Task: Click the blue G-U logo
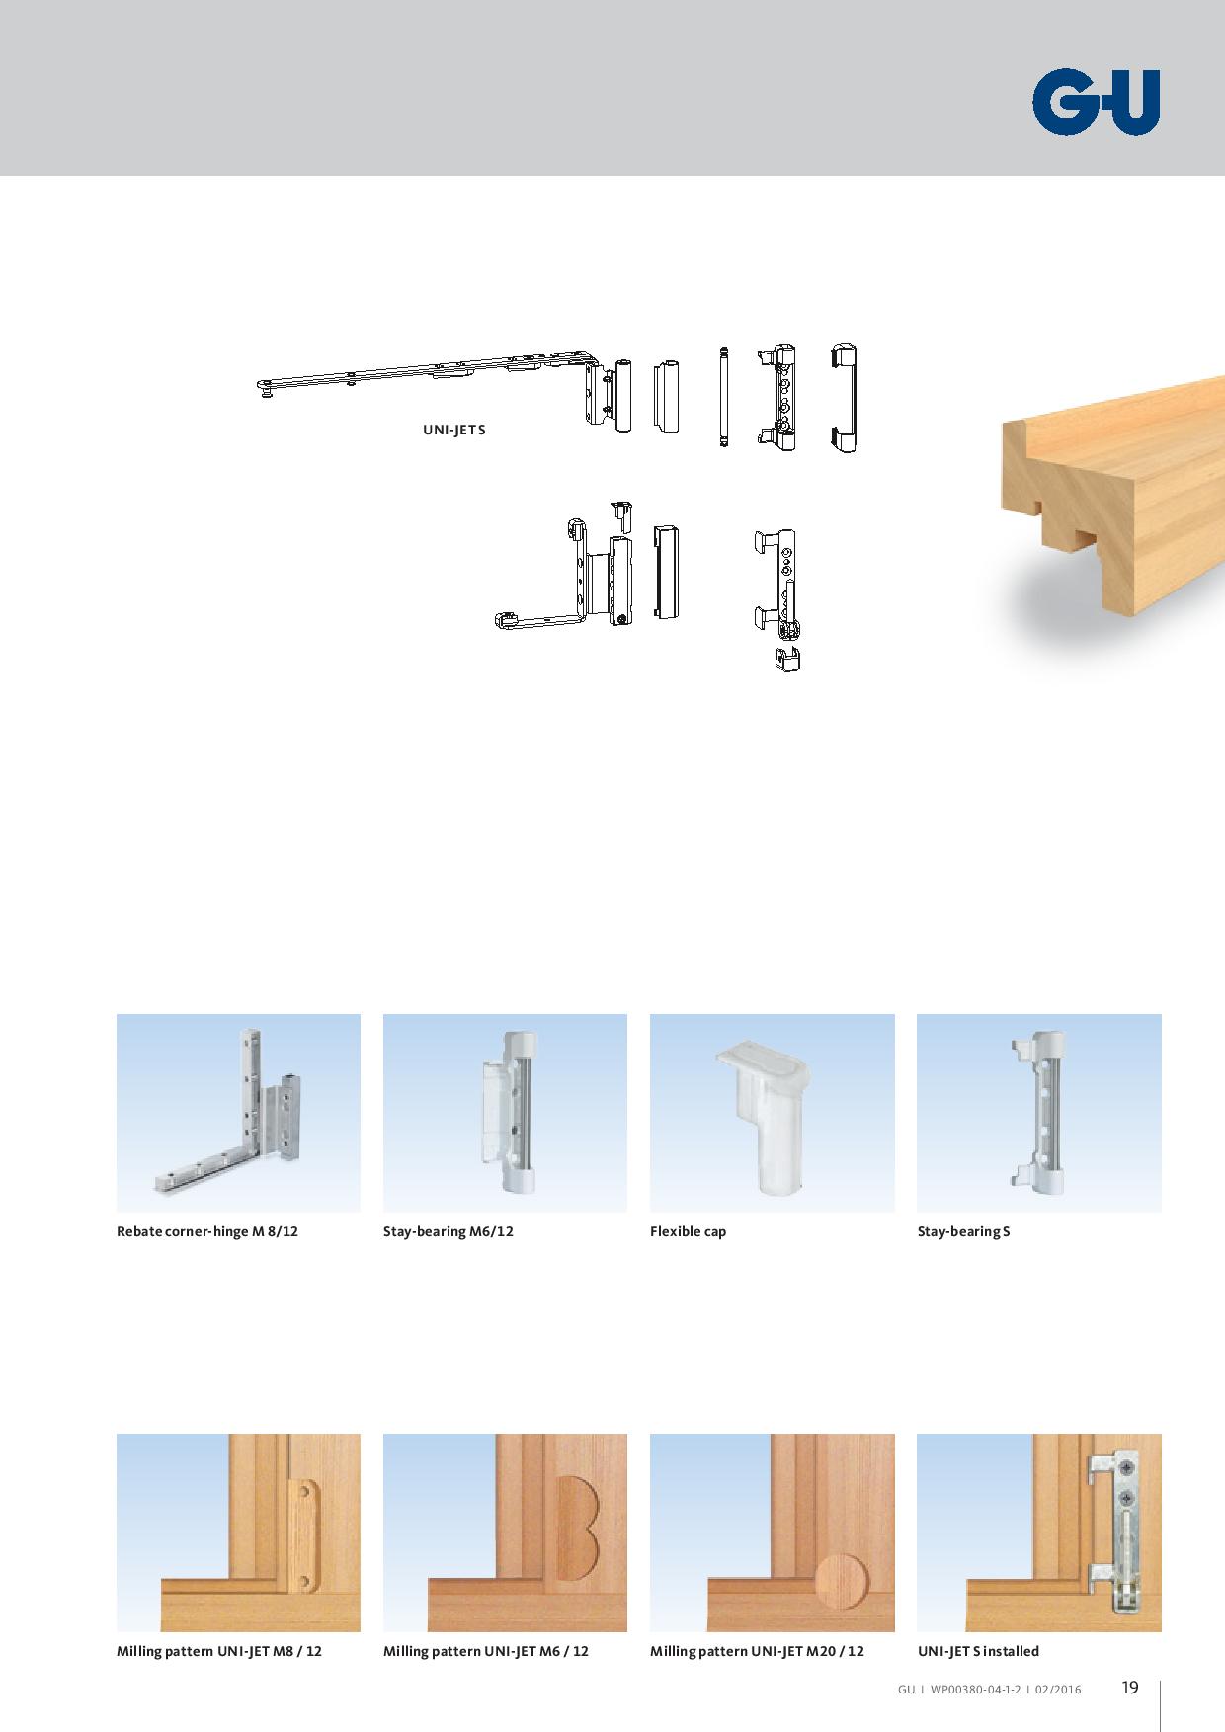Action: (1096, 102)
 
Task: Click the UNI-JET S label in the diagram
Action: (454, 431)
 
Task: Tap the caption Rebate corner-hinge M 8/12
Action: (207, 1231)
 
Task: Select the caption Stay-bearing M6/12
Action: (449, 1231)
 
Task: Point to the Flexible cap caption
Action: (688, 1231)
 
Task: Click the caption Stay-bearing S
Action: (963, 1231)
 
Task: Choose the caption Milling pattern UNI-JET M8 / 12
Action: (219, 1651)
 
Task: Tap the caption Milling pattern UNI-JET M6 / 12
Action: (486, 1651)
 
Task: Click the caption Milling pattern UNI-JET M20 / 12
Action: (757, 1651)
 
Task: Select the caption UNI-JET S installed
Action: (978, 1651)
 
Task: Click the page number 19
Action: (1130, 1688)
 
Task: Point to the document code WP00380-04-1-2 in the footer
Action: (975, 1690)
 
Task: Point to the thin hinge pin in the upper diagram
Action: (723, 396)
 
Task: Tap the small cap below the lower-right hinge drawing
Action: (787, 660)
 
